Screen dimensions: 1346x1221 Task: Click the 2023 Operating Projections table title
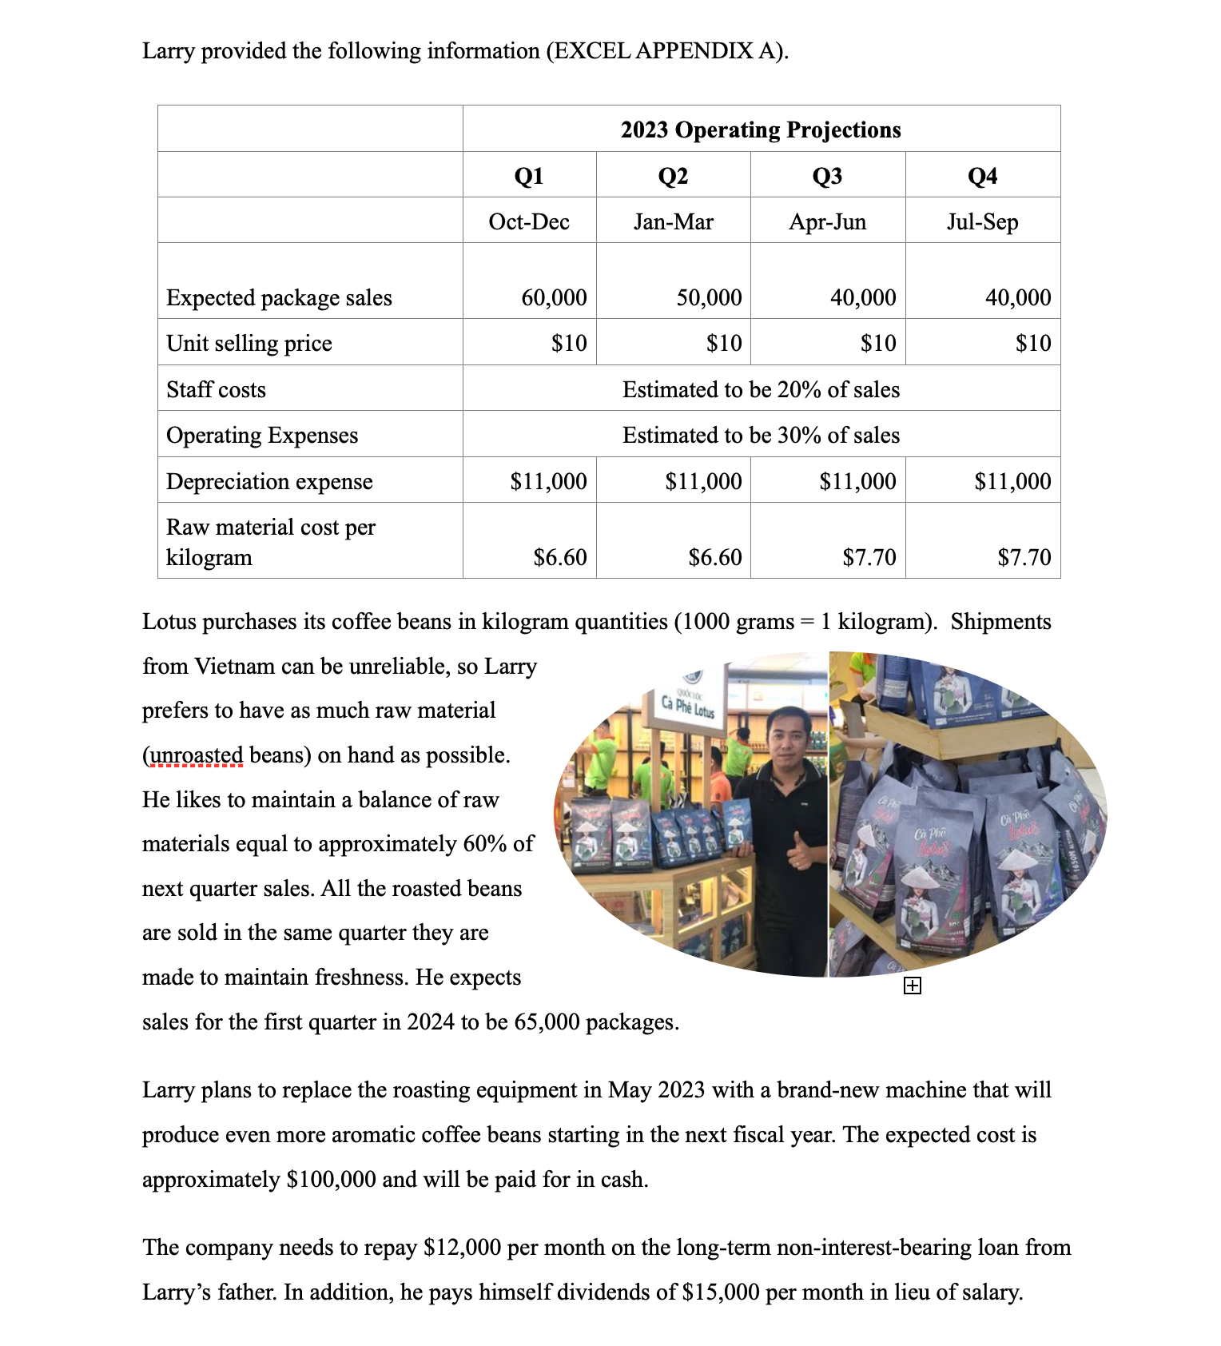pos(760,129)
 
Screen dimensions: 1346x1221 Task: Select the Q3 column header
pos(827,176)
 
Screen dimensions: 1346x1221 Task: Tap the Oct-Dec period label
pos(529,221)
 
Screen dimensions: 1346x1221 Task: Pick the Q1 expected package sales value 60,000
pos(554,297)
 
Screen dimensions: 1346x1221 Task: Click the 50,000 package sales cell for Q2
pos(709,297)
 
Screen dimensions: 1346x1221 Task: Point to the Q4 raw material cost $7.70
pos(1024,556)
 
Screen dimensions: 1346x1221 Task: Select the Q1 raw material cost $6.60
pos(559,556)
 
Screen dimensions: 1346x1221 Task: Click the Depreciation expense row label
pos(269,481)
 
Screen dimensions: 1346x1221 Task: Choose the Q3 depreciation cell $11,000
pos(857,481)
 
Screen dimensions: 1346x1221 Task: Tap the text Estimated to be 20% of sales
pos(761,389)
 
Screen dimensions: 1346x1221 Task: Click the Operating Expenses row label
pos(262,435)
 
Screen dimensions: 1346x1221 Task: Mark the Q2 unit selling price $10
pos(724,343)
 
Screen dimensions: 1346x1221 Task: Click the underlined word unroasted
pos(197,755)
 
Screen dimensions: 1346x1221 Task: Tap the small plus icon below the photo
pos(912,986)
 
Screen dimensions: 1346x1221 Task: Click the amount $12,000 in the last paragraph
pos(461,1247)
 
